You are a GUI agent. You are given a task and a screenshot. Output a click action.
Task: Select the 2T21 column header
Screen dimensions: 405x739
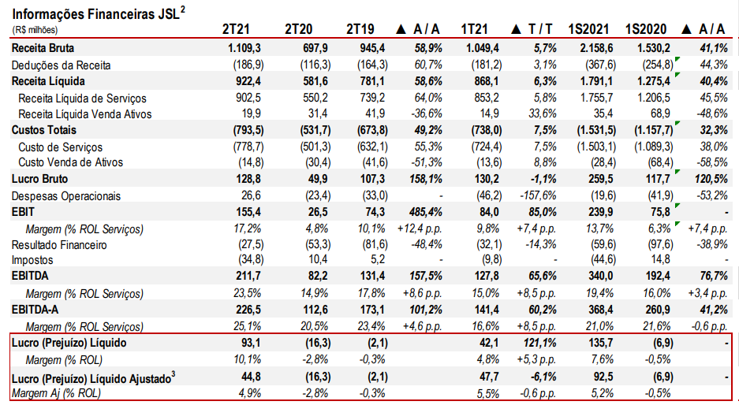(x=236, y=30)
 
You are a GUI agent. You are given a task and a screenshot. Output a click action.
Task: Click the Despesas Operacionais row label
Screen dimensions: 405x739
(x=66, y=195)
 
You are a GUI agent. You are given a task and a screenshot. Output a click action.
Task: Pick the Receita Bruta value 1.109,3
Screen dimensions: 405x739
(x=239, y=48)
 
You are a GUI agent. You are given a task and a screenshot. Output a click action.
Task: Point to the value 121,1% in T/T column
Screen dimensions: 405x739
(x=539, y=343)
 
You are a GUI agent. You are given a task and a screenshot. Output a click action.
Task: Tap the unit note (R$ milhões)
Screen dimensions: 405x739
(x=34, y=30)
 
